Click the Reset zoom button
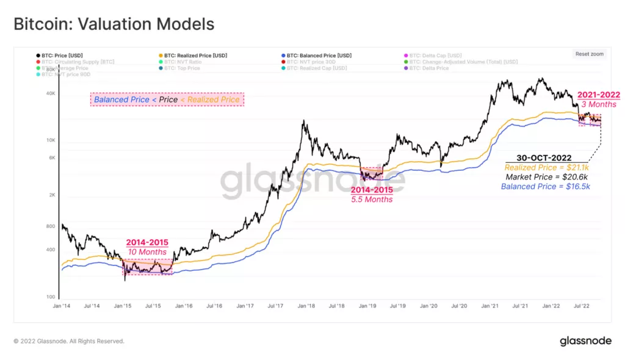[x=589, y=54]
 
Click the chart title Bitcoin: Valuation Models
[x=114, y=24]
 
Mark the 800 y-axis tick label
[x=50, y=226]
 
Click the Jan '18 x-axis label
[x=306, y=305]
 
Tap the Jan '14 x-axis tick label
[x=62, y=305]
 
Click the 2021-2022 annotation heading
[x=599, y=95]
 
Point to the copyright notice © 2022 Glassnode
[x=69, y=341]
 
